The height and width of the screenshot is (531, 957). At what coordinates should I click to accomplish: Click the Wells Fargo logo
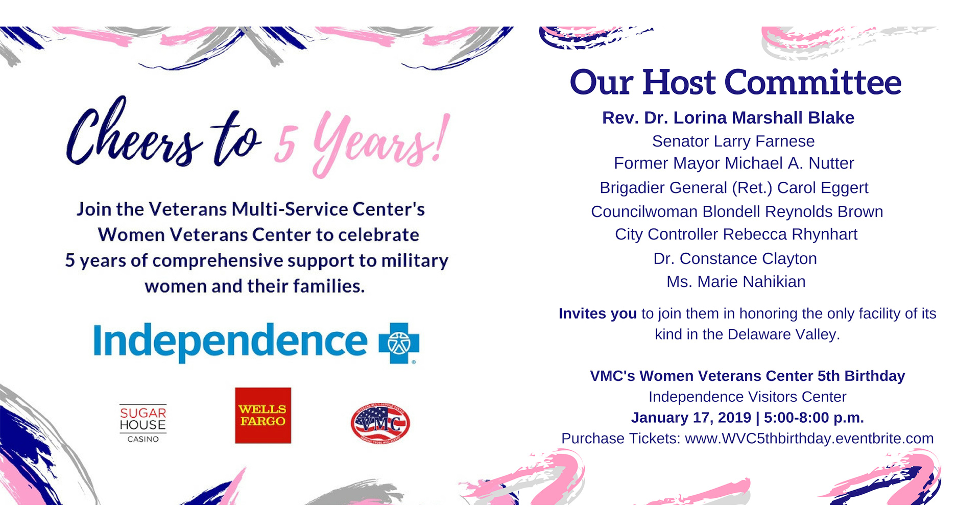pyautogui.click(x=263, y=415)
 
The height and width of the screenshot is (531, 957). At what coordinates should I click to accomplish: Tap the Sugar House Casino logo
pyautogui.click(x=143, y=423)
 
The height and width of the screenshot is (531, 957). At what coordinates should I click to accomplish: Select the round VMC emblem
pyautogui.click(x=380, y=423)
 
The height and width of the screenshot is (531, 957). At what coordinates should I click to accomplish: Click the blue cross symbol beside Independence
pyautogui.click(x=399, y=343)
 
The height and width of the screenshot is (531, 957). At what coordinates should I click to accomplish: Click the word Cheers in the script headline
pyautogui.click(x=134, y=134)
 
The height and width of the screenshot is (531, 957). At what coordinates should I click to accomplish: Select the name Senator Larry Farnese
pyautogui.click(x=733, y=141)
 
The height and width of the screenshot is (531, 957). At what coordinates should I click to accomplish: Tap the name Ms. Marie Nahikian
pyautogui.click(x=736, y=281)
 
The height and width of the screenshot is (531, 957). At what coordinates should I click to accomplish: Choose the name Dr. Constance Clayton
pyautogui.click(x=735, y=258)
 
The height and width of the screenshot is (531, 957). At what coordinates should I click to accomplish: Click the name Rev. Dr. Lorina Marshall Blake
pyautogui.click(x=728, y=117)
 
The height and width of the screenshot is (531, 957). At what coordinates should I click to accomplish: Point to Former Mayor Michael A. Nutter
pyautogui.click(x=734, y=163)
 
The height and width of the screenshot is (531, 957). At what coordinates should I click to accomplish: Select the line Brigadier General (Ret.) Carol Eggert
pyautogui.click(x=734, y=188)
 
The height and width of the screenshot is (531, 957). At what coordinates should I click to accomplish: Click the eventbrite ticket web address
pyautogui.click(x=809, y=438)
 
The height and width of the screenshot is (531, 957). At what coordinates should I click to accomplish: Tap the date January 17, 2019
pyautogui.click(x=691, y=418)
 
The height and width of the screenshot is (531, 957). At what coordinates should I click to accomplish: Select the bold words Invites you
pyautogui.click(x=597, y=313)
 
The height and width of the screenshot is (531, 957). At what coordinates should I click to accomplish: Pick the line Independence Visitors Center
pyautogui.click(x=747, y=397)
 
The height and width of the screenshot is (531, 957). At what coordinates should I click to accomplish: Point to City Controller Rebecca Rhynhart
pyautogui.click(x=736, y=234)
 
